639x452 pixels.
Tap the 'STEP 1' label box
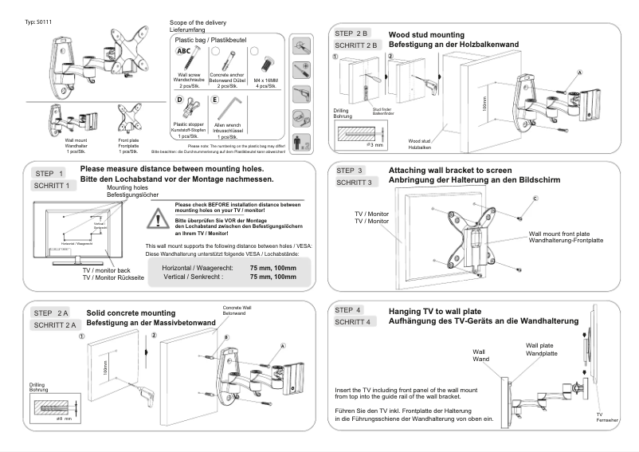coord(50,172)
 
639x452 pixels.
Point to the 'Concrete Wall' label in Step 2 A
coord(237,309)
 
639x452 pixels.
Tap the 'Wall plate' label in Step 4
coord(542,348)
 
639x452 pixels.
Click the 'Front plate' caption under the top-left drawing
coord(129,141)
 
